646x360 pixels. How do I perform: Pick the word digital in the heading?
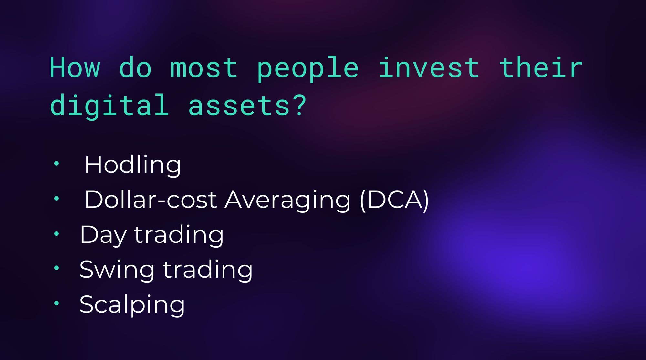click(109, 105)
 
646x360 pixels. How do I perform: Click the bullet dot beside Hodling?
click(57, 163)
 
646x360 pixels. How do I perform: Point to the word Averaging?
click(287, 201)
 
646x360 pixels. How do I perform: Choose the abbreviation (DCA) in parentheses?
click(394, 200)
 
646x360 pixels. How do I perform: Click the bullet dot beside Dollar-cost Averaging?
click(57, 199)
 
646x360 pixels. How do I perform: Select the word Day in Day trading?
click(103, 235)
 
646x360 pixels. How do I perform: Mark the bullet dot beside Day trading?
click(57, 233)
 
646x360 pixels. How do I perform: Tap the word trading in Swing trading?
click(207, 271)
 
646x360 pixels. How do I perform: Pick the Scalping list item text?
click(132, 305)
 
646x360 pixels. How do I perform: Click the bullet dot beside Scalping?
click(57, 303)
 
